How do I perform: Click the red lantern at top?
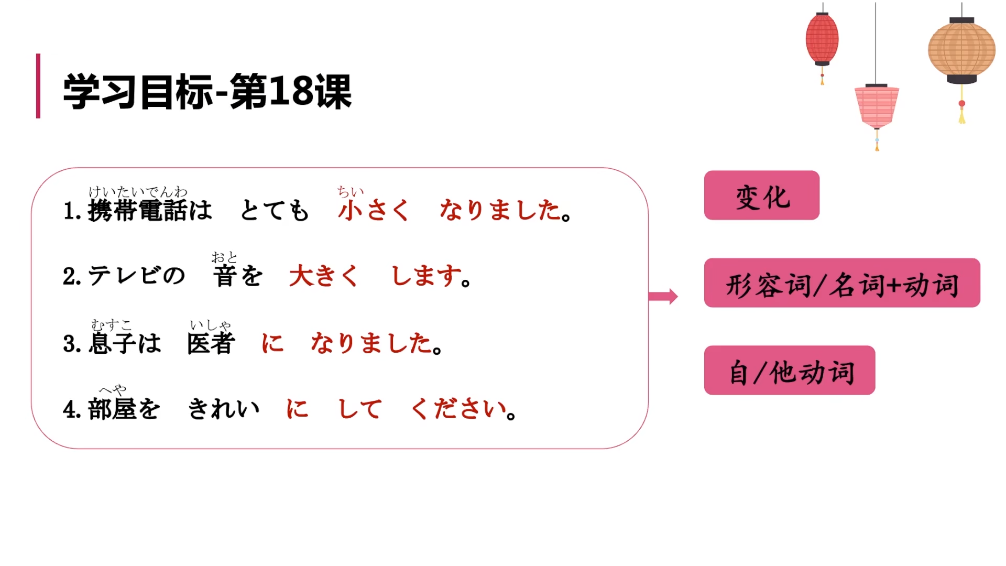tap(822, 39)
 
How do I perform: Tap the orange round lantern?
tap(961, 50)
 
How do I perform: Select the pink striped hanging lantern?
tap(877, 106)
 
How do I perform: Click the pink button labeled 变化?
tap(761, 195)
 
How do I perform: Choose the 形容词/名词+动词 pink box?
tap(841, 283)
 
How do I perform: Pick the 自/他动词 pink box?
tap(789, 371)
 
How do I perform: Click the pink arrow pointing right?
tap(663, 296)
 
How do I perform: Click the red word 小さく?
tap(373, 211)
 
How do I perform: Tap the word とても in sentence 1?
tap(275, 211)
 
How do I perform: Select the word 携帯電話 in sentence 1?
tap(138, 211)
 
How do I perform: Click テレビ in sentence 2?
tap(124, 276)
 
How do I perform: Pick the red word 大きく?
tap(323, 276)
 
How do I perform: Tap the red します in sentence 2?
tap(427, 276)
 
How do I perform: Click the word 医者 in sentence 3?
tap(211, 344)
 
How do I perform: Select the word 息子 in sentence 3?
tap(113, 344)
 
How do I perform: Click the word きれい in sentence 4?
tap(224, 409)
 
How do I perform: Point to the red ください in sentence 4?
tap(458, 409)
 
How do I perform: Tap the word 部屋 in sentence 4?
tap(112, 409)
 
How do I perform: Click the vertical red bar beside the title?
tap(38, 86)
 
